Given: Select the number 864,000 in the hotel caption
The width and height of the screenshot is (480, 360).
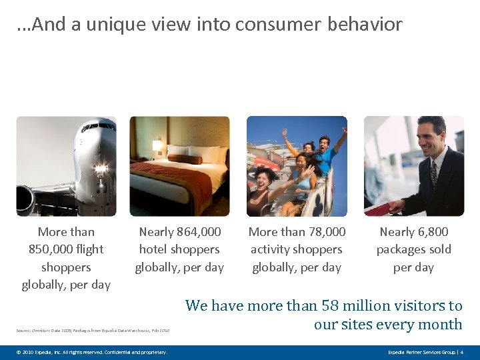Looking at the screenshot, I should tap(199, 232).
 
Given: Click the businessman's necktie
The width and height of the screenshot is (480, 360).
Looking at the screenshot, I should tap(434, 172).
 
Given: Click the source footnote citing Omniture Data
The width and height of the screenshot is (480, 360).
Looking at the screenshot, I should tap(93, 330).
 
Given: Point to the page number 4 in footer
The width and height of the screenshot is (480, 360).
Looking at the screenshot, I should tap(461, 351).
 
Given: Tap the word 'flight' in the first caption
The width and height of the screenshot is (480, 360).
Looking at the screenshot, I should tap(90, 249).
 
